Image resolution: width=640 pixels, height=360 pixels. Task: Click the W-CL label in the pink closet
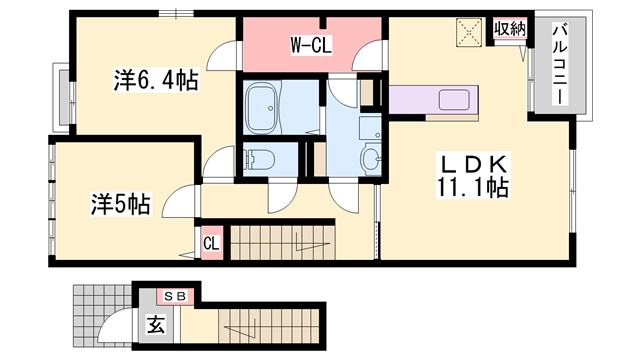coord(311,44)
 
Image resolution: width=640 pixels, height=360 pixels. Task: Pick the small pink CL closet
coord(212,243)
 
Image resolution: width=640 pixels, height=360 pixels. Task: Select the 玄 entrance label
coord(158,324)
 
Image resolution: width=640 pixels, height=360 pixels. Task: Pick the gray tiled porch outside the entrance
coord(89,319)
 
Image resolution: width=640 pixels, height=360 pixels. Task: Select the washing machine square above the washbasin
coord(368,128)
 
